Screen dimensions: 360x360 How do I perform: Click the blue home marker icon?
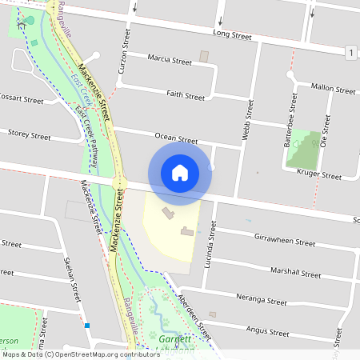pos(180,173)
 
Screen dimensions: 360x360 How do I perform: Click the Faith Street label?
pos(186,94)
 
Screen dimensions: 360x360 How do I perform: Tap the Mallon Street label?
pos(332,87)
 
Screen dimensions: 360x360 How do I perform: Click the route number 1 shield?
pos(351,53)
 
